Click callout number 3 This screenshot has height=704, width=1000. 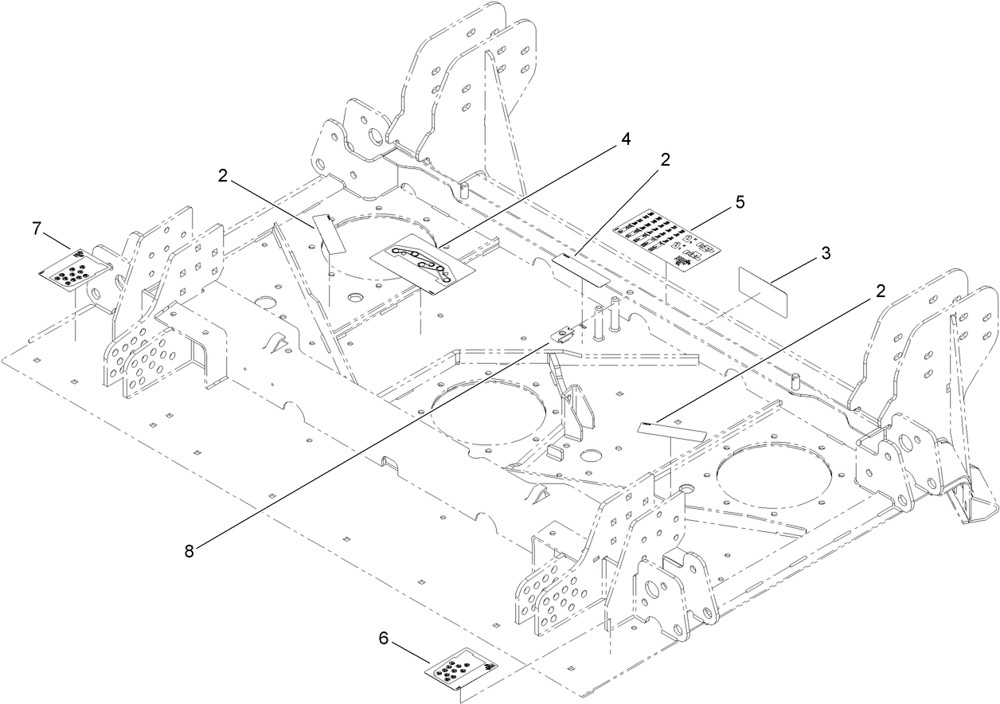826,254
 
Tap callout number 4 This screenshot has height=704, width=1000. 626,139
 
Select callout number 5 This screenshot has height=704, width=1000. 740,202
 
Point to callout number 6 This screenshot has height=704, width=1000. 383,638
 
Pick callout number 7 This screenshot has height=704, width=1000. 36,229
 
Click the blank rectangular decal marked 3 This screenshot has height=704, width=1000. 764,291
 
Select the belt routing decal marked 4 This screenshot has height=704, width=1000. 423,266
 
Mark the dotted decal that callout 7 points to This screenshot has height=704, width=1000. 72,268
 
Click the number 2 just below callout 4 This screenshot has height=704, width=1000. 665,159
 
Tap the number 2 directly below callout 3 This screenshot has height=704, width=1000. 880,291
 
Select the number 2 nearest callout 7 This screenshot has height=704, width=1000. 222,176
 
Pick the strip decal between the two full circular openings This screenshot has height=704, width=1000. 672,430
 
